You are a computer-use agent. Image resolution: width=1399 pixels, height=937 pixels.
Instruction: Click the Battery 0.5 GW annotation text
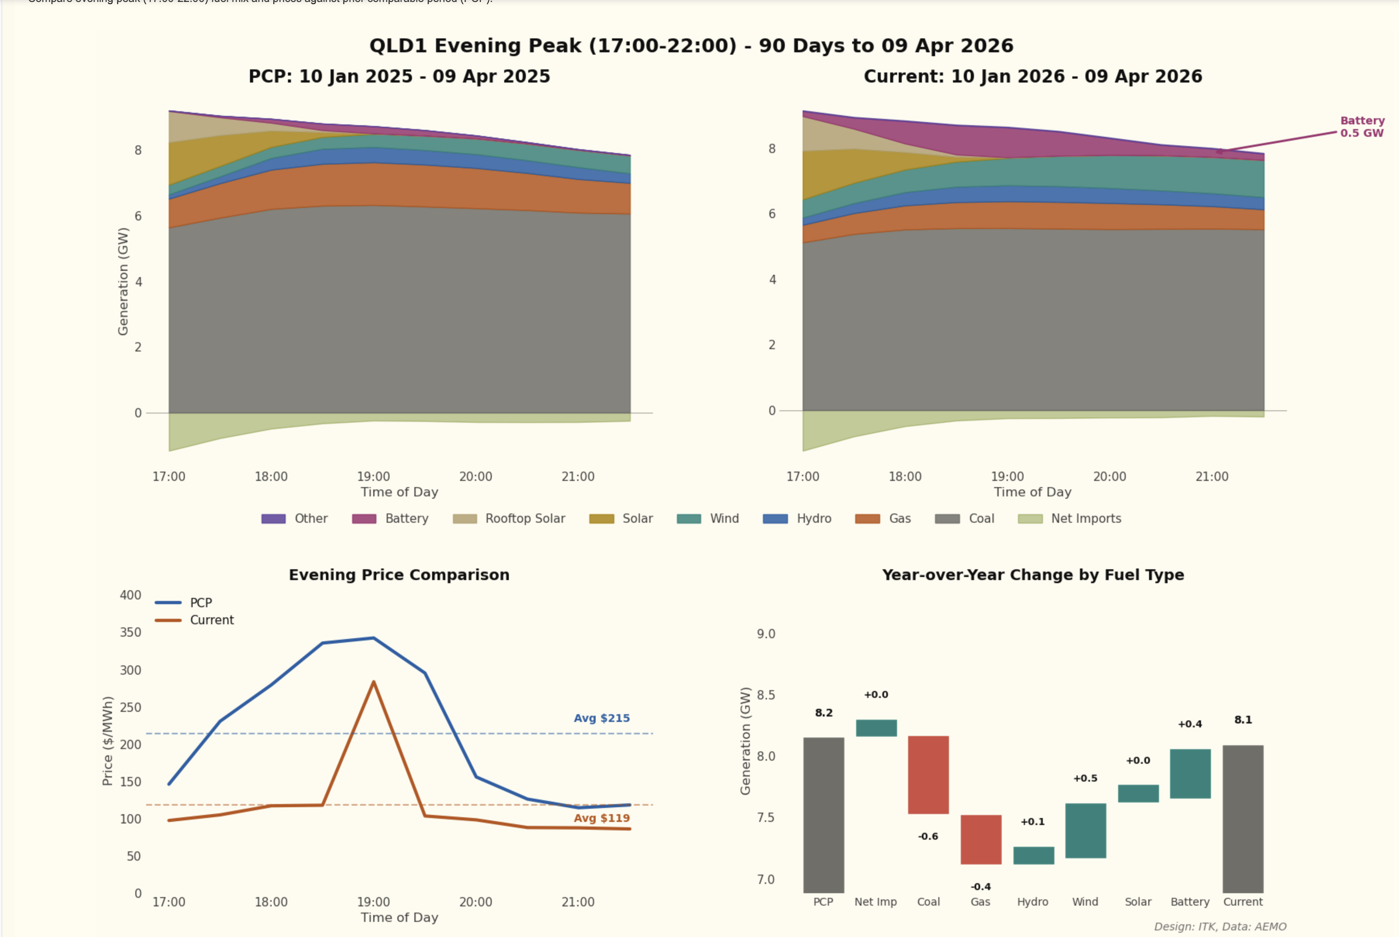[1361, 127]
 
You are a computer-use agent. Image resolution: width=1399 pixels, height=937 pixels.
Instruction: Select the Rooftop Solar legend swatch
[465, 519]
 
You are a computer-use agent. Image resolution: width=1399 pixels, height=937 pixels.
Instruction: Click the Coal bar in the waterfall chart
[928, 775]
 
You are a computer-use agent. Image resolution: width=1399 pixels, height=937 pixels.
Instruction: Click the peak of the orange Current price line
[374, 682]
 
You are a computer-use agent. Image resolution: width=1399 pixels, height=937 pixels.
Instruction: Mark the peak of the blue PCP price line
[374, 638]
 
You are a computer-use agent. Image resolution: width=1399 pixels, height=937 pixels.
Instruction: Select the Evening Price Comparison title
[399, 575]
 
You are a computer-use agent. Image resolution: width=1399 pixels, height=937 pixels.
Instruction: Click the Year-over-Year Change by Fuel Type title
[1033, 575]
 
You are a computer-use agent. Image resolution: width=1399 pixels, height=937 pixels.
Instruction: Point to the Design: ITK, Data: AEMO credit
[1220, 926]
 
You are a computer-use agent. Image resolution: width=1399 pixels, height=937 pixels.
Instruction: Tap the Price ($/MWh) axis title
[108, 741]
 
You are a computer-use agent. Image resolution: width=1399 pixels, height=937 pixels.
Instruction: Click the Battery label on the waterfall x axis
[1190, 902]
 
